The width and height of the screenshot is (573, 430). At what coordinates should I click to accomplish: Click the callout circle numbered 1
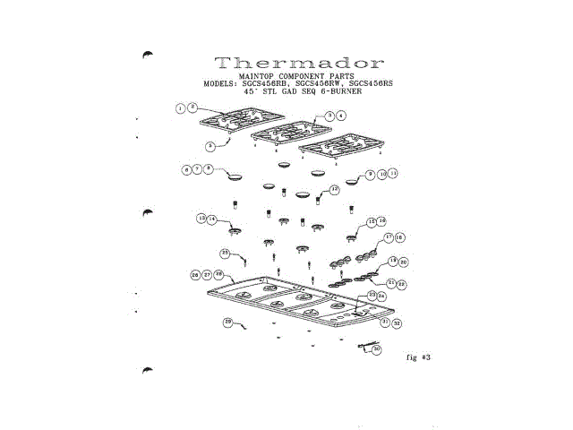coord(181,108)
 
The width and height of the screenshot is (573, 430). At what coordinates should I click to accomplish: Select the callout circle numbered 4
coord(341,116)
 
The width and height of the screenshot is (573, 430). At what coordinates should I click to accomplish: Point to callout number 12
coord(334,190)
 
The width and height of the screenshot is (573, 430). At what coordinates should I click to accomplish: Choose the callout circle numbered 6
coord(187,168)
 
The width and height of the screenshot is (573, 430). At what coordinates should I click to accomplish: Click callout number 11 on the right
coord(391,174)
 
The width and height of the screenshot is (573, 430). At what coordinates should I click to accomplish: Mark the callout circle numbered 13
coord(202,218)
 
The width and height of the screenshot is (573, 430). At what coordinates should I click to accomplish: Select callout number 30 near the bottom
coord(377,349)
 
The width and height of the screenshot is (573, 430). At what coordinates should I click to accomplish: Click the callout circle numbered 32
coord(396,322)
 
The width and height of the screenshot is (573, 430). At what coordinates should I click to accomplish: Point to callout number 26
coord(195,275)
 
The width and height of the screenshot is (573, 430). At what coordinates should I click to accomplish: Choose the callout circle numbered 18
coord(399,237)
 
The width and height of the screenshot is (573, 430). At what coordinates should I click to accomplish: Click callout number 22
coord(402,284)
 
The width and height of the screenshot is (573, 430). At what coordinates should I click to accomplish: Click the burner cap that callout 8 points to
coord(237,176)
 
